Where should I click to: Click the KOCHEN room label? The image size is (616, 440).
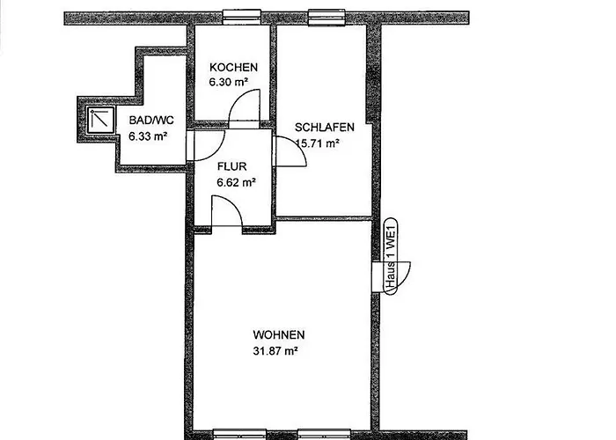coord(233,68)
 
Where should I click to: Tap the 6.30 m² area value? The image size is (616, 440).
coord(228,82)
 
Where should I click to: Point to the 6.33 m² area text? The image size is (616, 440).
coord(148,136)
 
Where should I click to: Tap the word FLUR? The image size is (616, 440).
coord(232,166)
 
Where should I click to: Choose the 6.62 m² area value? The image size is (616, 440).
coord(236,183)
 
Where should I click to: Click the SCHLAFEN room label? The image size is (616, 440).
coord(325,127)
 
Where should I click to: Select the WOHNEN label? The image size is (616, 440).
coord(279,335)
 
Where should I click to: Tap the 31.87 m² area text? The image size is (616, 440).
coord(274,350)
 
